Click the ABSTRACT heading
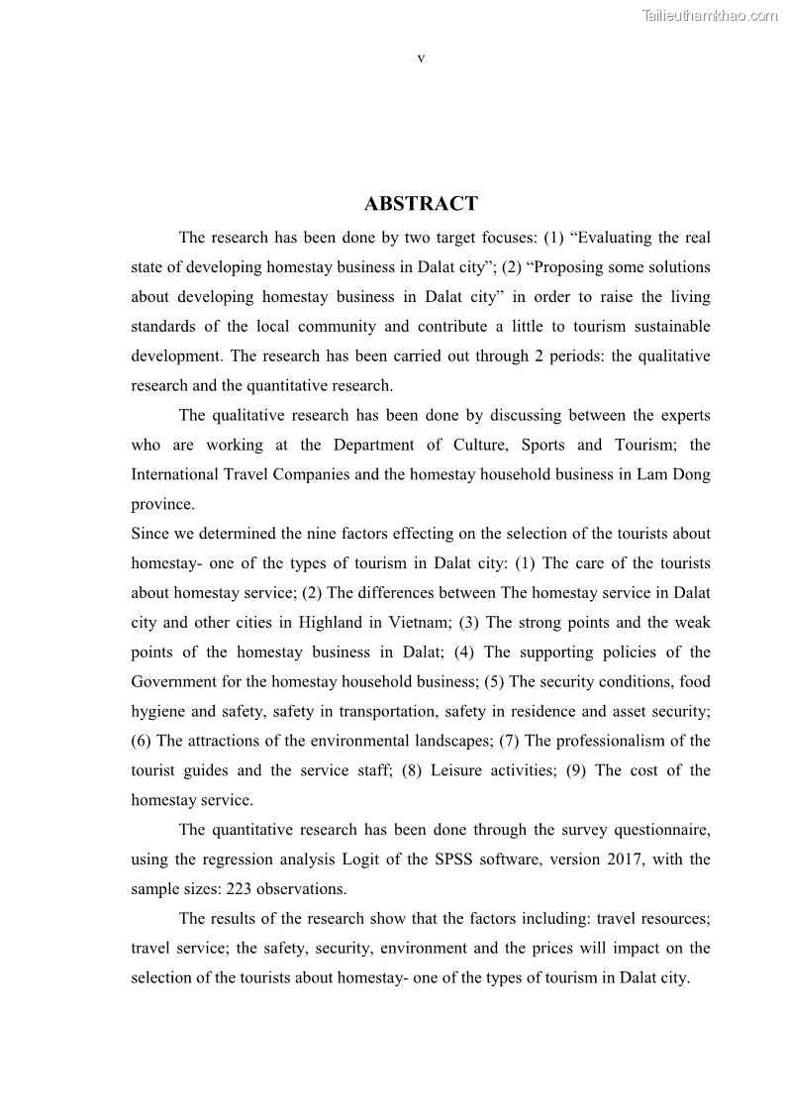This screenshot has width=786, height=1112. [x=421, y=204]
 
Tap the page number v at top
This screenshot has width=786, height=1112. [x=421, y=58]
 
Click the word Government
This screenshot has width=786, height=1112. [x=174, y=682]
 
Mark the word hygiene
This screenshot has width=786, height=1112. [x=159, y=712]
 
